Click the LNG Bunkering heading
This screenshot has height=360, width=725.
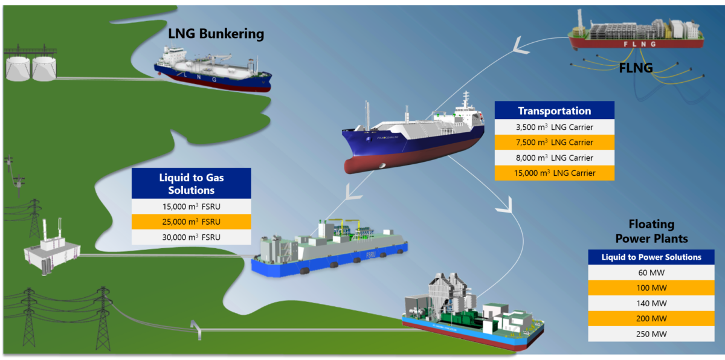coord(216,34)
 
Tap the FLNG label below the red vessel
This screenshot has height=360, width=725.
coord(636,68)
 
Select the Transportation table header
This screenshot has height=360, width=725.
coord(555,111)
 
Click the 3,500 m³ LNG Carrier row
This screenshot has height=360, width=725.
coord(555,127)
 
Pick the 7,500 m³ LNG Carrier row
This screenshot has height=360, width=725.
coord(555,143)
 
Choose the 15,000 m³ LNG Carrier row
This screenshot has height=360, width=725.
coord(555,173)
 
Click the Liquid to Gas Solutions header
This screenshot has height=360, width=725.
coord(192,184)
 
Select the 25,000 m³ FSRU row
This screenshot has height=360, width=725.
coord(192,222)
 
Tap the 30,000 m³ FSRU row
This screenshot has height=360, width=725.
coord(192,237)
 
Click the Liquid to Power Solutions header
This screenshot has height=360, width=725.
coord(651,257)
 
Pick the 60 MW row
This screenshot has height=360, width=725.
coord(651,272)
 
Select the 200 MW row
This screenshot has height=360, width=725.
coord(651,318)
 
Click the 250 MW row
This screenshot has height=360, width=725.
coord(651,334)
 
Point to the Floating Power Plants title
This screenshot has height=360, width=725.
coord(651,231)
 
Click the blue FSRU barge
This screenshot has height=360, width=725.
coord(329,249)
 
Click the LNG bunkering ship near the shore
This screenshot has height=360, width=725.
coord(213,70)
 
